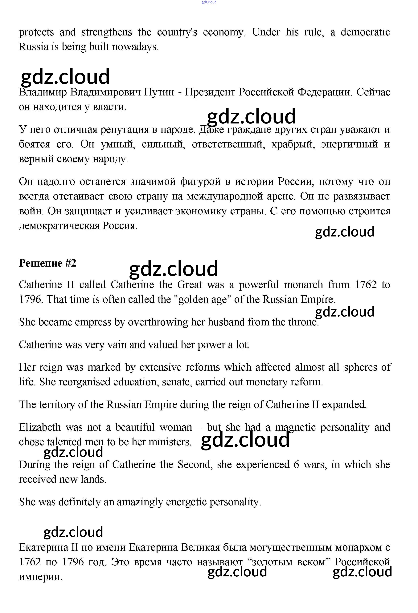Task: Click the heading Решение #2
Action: (47, 263)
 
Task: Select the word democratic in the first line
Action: (365, 32)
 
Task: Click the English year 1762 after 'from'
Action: (365, 285)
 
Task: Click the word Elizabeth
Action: (40, 427)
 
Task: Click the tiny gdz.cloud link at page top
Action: (209, 2)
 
